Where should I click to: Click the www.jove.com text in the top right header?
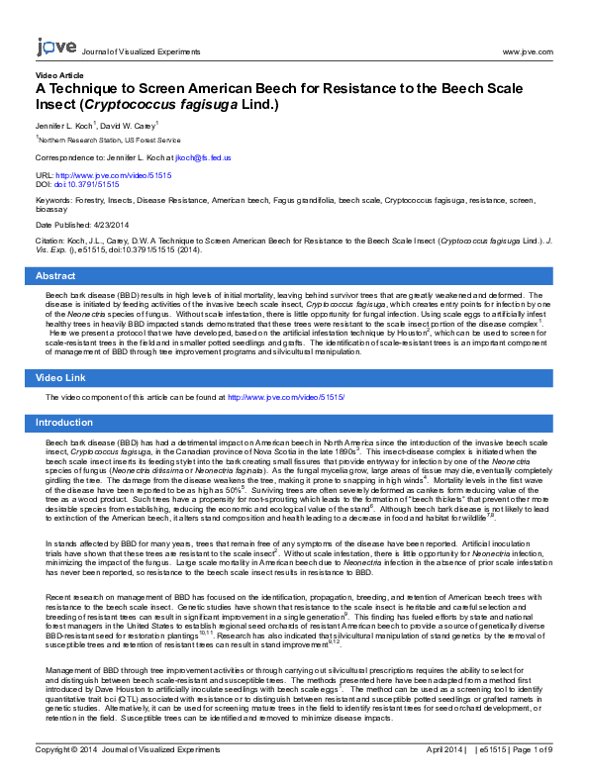[x=530, y=51]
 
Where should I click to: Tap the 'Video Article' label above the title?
[x=59, y=75]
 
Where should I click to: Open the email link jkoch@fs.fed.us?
[x=204, y=157]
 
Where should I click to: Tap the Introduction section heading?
[x=65, y=422]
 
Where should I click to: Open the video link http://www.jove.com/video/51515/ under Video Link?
[x=286, y=397]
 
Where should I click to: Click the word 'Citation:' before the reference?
[x=52, y=241]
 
